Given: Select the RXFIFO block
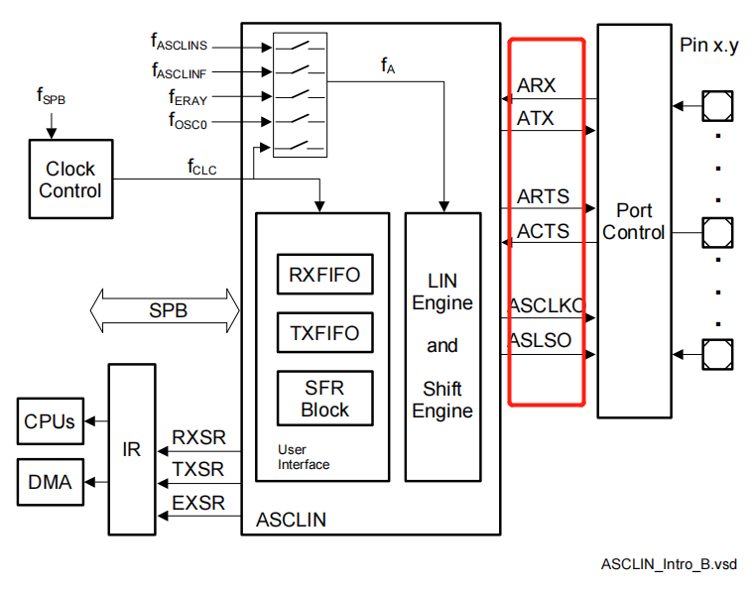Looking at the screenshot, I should pos(324,274).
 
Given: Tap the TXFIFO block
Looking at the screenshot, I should pos(324,333).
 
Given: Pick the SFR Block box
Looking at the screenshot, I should pos(324,399).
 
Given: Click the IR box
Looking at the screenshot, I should pos(132,448).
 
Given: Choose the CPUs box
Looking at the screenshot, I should pos(50,421).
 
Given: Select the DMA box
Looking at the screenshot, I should pos(50,482).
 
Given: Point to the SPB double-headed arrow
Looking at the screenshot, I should pos(166,310).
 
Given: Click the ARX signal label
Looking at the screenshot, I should pos(537,85).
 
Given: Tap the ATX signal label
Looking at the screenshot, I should pos(536,119).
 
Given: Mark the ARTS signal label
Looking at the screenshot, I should pos(543,196).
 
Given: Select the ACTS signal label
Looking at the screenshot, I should pos(543,231).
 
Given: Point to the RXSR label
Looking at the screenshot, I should pos(198,437).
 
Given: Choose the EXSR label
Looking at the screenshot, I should pos(198,503).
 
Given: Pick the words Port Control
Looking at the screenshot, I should pos(634,221).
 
